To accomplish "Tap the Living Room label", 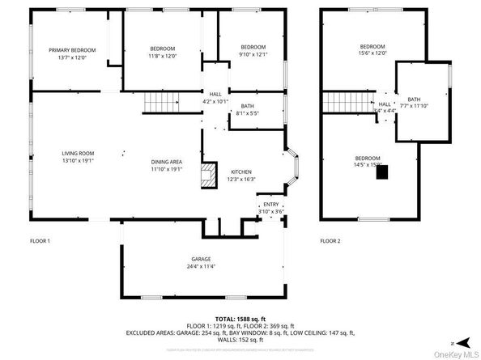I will click(79, 153).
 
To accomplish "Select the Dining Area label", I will click(166, 162).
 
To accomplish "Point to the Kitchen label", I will click(241, 172).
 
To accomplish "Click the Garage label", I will click(200, 259).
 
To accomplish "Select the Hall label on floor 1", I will click(215, 94).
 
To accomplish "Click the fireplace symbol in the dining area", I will click(209, 176).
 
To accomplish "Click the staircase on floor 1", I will click(160, 103).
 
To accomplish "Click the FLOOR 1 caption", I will click(40, 241).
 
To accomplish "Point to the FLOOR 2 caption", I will click(330, 241).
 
